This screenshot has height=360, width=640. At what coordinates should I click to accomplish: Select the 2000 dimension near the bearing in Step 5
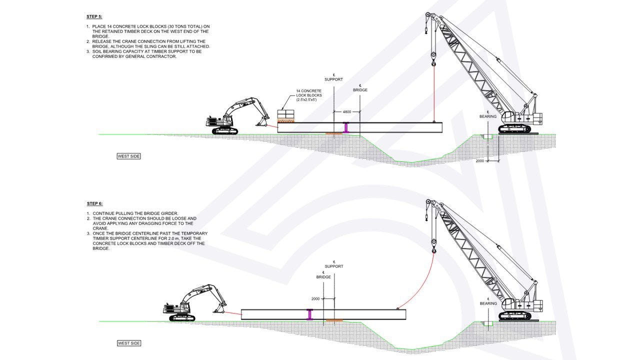tap(480, 161)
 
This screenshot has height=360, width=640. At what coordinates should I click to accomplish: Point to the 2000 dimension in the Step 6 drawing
tap(315, 298)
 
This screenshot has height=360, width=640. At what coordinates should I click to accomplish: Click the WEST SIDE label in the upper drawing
tap(129, 156)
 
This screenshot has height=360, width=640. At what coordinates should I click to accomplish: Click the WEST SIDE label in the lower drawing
tap(129, 343)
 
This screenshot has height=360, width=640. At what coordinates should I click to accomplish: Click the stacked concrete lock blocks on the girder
tap(286, 115)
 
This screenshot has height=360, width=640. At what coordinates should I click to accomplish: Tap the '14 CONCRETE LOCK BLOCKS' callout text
tap(309, 95)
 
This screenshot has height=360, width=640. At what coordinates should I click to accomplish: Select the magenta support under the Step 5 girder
tap(345, 128)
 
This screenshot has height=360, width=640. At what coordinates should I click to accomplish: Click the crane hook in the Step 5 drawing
tap(433, 62)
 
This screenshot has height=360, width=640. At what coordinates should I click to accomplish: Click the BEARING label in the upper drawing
tap(488, 116)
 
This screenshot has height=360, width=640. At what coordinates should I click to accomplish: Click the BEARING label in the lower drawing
tap(488, 303)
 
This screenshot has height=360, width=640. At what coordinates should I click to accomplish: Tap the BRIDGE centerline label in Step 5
tap(360, 90)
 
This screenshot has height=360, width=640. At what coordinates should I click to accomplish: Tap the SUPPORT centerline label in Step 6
tap(334, 266)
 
